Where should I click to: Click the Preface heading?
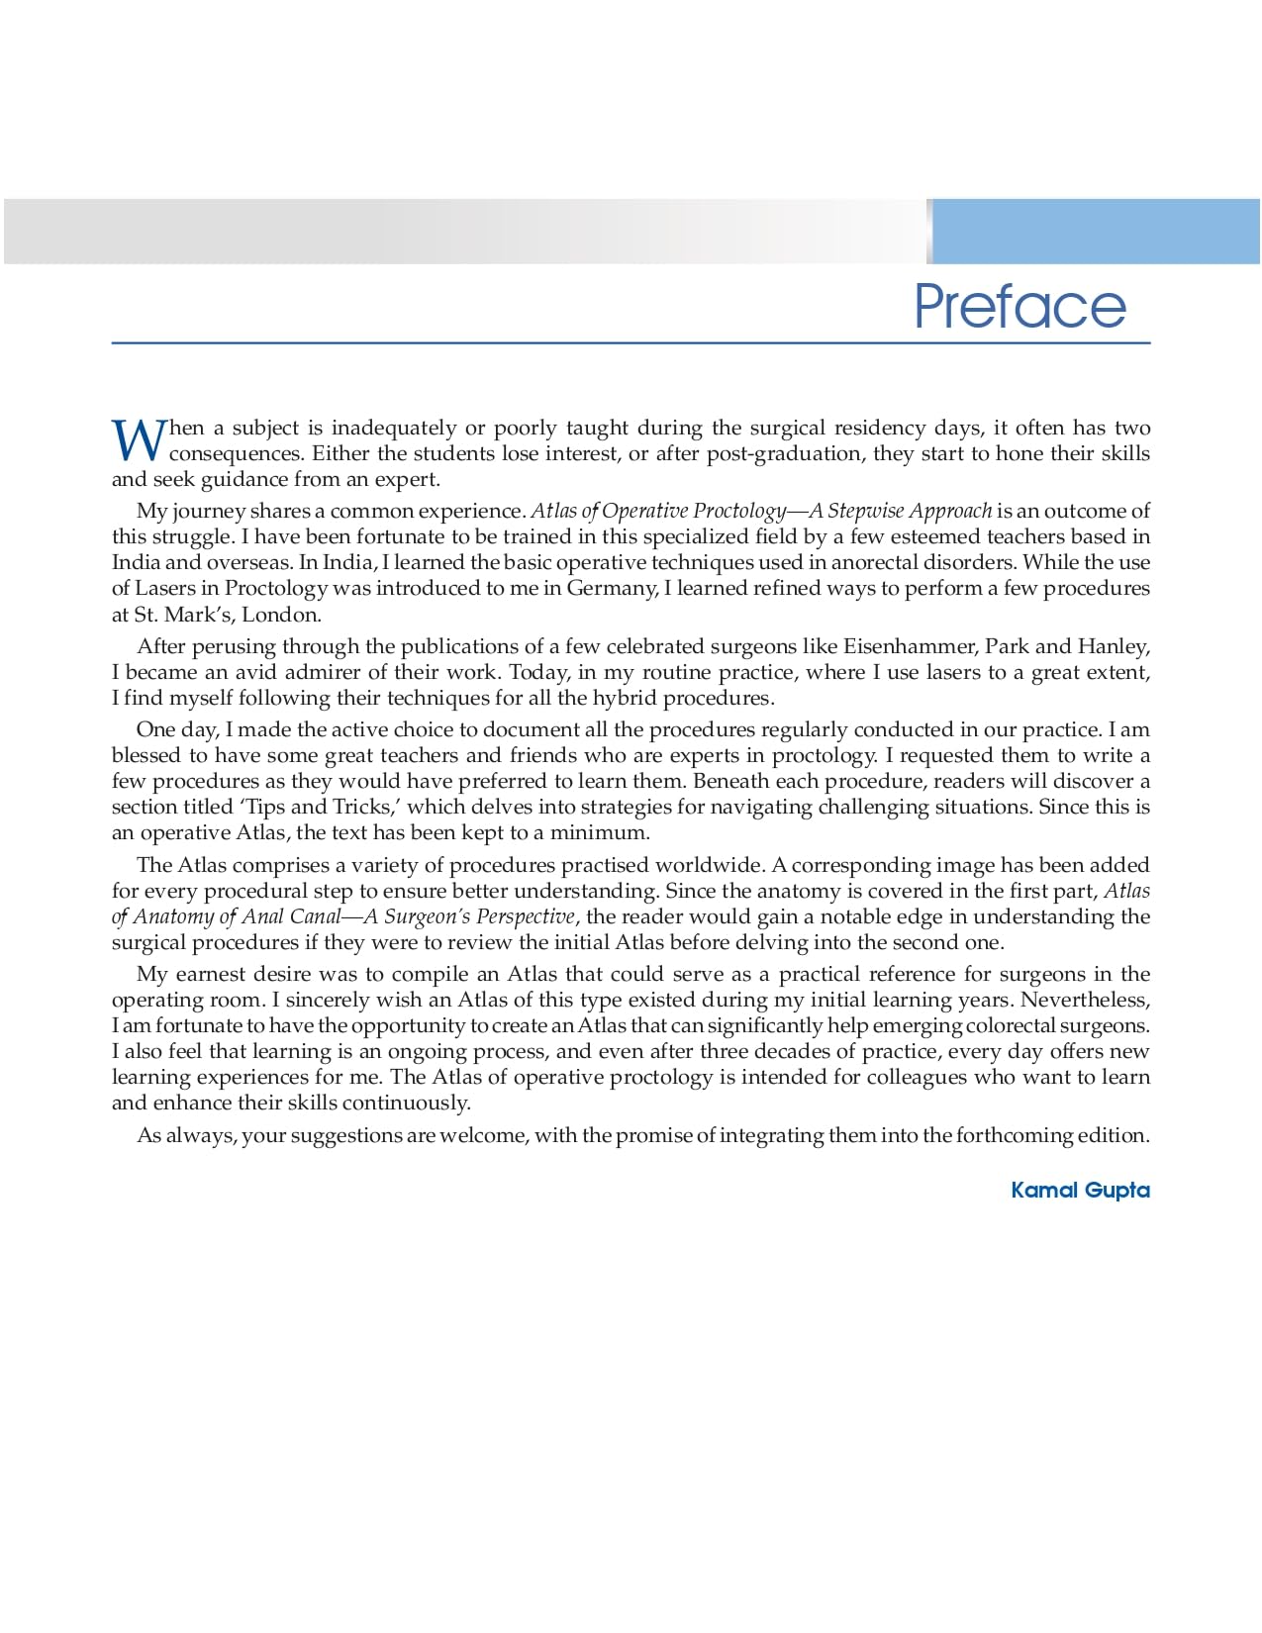click(x=1019, y=306)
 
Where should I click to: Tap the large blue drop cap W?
click(x=137, y=440)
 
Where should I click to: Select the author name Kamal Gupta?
click(x=1080, y=1190)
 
